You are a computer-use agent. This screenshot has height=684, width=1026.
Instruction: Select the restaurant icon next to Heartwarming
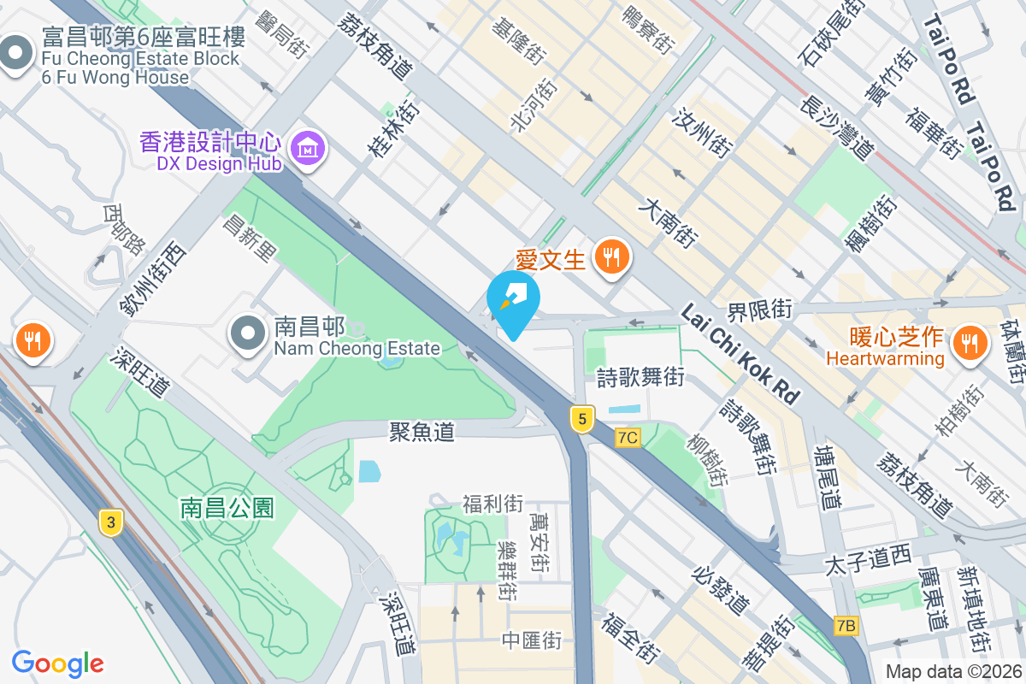[x=970, y=344]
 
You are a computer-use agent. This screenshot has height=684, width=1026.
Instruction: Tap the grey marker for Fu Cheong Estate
[x=15, y=55]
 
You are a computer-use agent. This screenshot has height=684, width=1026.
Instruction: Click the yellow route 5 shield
[x=582, y=419]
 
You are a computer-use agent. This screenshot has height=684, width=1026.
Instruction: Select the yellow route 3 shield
[x=109, y=522]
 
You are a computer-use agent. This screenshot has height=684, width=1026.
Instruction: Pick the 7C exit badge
[x=627, y=438]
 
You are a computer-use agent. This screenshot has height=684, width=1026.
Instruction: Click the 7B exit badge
[x=846, y=626]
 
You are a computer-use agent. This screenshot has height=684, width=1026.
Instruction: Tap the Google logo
[x=57, y=663]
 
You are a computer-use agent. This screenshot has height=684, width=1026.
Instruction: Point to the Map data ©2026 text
[x=952, y=672]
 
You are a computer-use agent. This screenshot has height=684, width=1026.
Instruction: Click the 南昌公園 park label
[x=227, y=508]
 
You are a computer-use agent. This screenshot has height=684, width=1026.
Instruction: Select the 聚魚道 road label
[x=422, y=433]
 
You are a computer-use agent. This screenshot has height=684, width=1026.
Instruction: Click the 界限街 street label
[x=760, y=309]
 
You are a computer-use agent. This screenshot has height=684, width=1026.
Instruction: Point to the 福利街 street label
[x=492, y=504]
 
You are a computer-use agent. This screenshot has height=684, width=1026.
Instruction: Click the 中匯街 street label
[x=532, y=640]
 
